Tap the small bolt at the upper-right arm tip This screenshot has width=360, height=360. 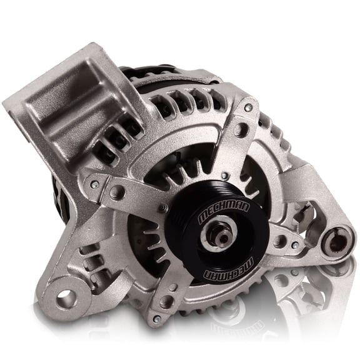tap(249, 108)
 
